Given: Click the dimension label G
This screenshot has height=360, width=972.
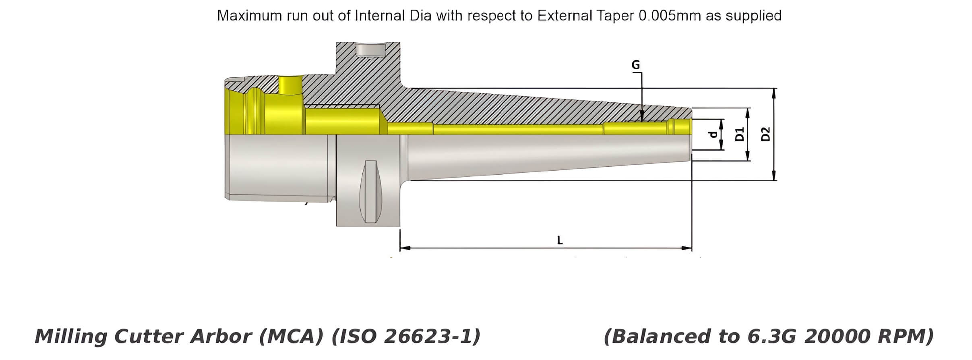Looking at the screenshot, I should click(x=635, y=65).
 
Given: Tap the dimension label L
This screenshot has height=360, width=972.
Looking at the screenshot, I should click(x=559, y=240).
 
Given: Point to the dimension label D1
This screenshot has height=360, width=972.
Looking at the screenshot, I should click(x=739, y=134).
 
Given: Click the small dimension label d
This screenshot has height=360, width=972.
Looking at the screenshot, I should click(x=713, y=134).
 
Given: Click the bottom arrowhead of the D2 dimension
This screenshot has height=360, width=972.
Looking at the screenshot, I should click(x=773, y=178).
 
